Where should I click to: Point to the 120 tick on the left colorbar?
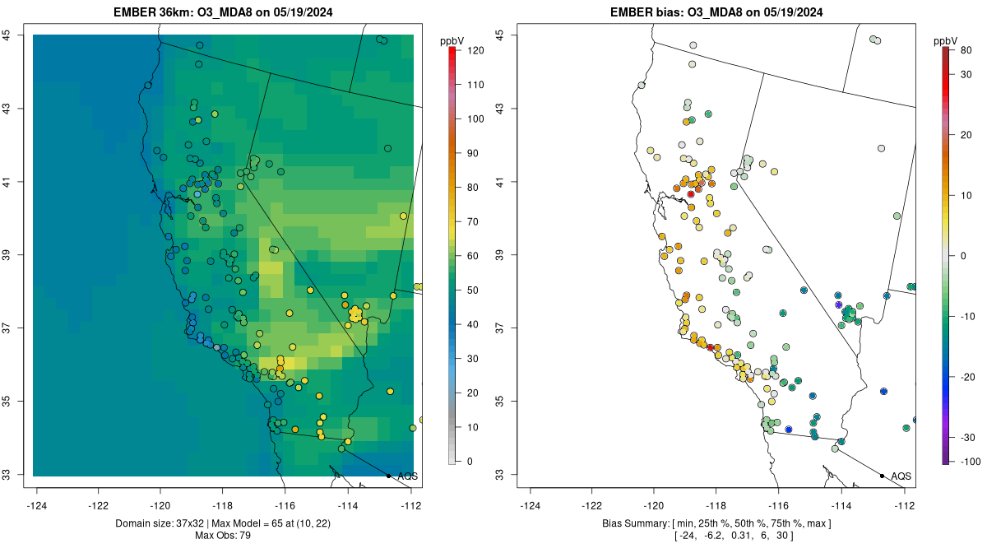475,50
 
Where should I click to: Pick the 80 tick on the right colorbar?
966,50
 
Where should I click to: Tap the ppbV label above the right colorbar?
947,40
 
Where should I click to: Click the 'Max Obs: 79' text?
224,536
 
